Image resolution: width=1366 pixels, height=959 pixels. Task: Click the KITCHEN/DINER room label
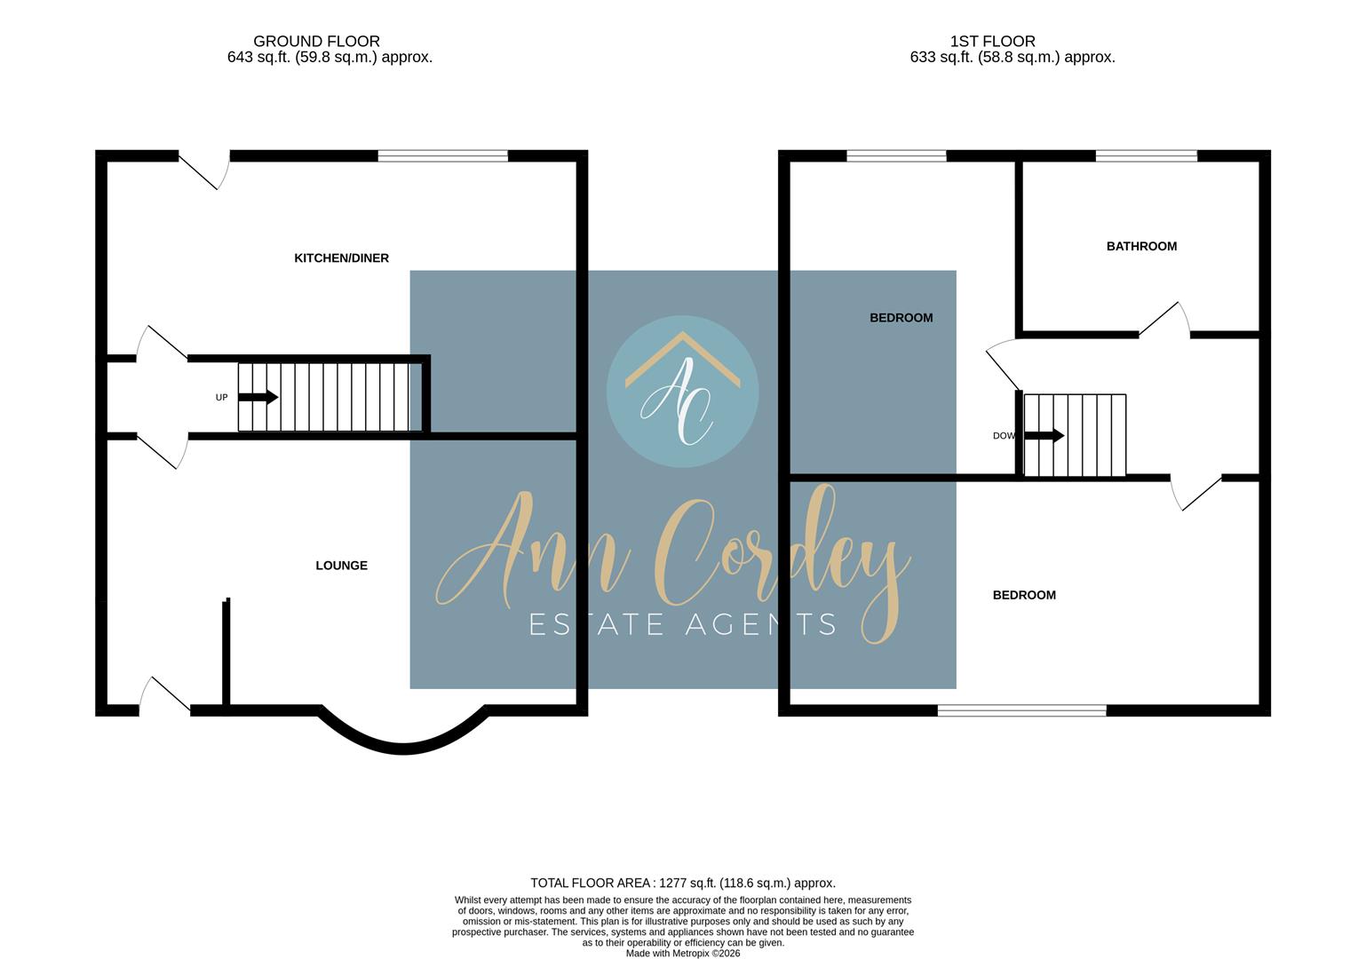coord(341,258)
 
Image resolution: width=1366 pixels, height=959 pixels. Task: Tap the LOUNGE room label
coord(341,566)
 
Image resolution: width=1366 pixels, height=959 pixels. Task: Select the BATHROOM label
coord(1141,246)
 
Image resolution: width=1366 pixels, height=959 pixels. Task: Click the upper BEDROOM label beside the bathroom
coord(901,318)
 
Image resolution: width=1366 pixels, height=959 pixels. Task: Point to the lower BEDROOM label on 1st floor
coord(1024,595)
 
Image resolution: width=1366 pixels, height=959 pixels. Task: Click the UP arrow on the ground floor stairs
coord(258,398)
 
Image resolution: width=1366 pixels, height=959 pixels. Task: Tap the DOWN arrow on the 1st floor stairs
coord(1044,436)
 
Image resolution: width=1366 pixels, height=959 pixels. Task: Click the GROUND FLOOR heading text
coord(316,41)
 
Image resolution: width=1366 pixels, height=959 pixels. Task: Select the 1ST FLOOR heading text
coord(992,41)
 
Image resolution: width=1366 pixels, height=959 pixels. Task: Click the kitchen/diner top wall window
coord(442,156)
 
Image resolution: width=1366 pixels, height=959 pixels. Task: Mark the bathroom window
coord(1146,156)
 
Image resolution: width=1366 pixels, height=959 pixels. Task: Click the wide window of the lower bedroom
coord(1021,710)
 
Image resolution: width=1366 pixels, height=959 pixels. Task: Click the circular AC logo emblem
coord(682,392)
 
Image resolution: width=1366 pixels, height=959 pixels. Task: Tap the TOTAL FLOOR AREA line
coord(682,884)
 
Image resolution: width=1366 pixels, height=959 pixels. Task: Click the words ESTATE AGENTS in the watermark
coord(682,624)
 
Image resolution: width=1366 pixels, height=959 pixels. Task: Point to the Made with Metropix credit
coord(682,954)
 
